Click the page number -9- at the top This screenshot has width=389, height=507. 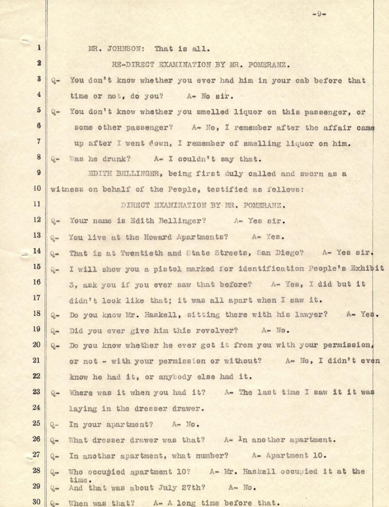tap(318, 14)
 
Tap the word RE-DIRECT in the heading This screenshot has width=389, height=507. tap(132, 64)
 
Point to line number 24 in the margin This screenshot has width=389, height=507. tap(37, 408)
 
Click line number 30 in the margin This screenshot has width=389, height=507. tap(37, 501)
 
